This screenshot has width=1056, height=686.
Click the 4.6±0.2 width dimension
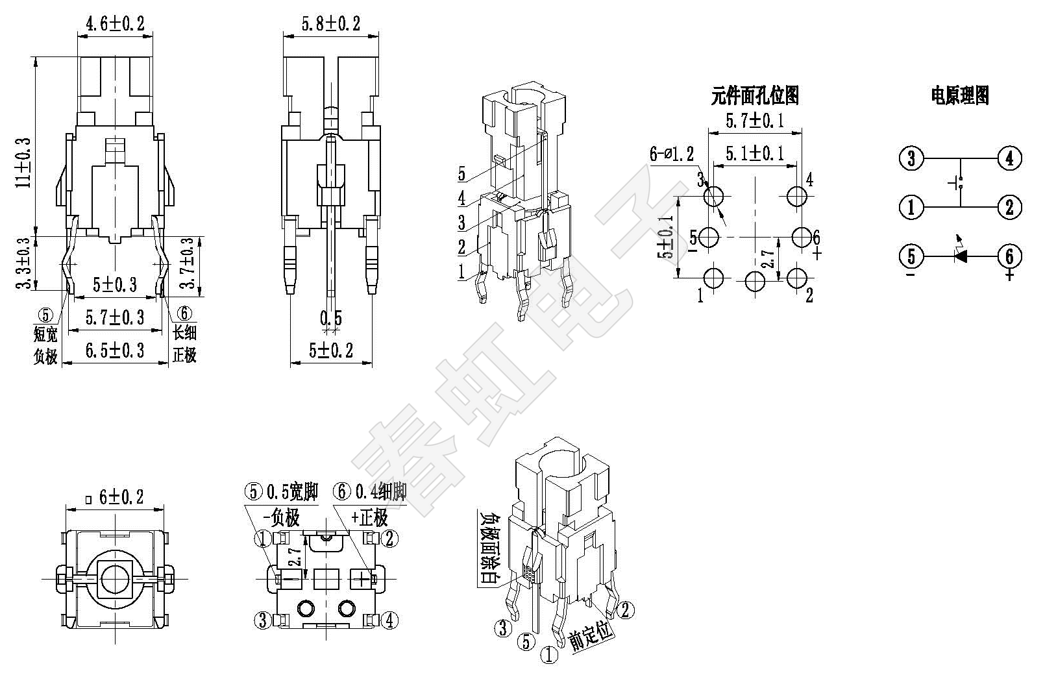click(115, 25)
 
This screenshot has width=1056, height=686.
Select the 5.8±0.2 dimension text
click(330, 25)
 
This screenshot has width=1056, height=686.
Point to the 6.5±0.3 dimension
click(115, 351)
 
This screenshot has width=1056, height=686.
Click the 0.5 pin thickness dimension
click(330, 318)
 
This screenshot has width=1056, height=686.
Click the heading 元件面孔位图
click(755, 96)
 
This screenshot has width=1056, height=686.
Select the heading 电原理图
click(960, 96)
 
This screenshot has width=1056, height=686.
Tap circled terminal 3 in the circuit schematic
click(911, 158)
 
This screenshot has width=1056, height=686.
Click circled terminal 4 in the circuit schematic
click(1009, 158)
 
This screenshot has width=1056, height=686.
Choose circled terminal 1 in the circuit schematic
click(911, 207)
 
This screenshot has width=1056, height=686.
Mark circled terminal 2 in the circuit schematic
click(1009, 207)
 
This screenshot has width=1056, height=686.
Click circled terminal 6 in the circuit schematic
click(1009, 256)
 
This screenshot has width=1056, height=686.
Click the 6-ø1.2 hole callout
click(672, 154)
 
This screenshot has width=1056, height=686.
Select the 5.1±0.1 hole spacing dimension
click(754, 153)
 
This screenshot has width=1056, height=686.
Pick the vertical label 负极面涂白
click(489, 548)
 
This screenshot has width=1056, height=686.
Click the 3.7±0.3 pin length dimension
click(187, 266)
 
